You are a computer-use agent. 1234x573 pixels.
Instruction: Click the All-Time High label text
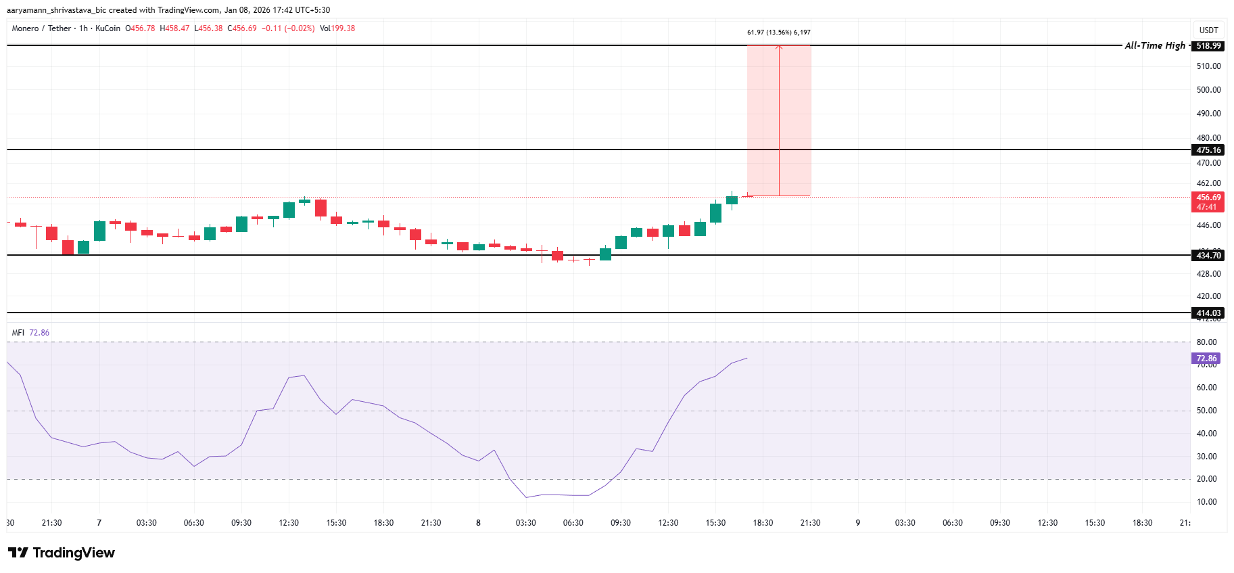1155,45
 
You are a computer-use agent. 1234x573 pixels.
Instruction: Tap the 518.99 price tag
1208,46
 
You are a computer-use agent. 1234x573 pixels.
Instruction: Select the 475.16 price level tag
1208,150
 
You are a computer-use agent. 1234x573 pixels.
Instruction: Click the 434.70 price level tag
1208,255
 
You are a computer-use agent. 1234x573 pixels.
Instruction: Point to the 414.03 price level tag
1208,313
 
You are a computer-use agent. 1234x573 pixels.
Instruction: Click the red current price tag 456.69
1208,198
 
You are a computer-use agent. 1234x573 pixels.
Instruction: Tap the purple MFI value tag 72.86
1206,359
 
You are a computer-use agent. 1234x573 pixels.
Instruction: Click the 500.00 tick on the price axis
1208,90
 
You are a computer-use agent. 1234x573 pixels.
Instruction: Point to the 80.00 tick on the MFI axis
1206,342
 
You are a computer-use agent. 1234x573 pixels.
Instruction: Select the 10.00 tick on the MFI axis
1206,502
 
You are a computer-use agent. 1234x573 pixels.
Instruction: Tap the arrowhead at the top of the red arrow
779,47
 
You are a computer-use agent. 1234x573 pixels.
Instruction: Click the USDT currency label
1208,30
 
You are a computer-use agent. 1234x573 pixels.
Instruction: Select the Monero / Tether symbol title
41,28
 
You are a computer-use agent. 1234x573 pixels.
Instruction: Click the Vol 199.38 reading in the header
337,28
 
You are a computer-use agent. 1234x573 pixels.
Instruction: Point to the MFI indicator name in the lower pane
18,333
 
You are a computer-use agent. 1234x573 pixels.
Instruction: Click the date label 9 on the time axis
857,523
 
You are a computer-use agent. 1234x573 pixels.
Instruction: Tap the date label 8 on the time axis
478,523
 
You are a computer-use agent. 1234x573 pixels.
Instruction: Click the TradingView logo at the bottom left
62,553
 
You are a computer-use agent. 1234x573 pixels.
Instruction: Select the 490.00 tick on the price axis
1208,114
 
